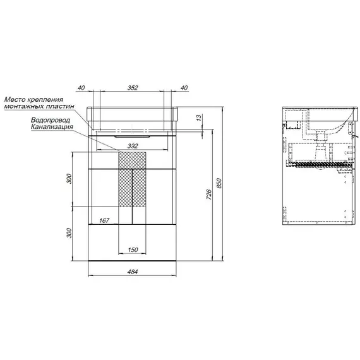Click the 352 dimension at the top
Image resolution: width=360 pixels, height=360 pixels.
pyautogui.click(x=133, y=88)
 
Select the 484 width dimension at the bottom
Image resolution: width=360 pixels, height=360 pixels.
pyautogui.click(x=133, y=272)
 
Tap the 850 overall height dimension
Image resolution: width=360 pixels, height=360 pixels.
pyautogui.click(x=219, y=183)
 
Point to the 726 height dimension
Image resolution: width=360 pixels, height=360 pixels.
pyautogui.click(x=208, y=195)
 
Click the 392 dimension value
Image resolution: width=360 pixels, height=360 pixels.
pyautogui.click(x=133, y=146)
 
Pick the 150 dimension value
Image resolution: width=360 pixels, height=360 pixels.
pyautogui.click(x=133, y=250)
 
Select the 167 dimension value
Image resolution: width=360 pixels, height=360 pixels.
pyautogui.click(x=104, y=220)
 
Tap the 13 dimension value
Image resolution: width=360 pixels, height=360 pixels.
pyautogui.click(x=199, y=117)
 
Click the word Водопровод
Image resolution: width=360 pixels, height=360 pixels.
pyautogui.click(x=51, y=120)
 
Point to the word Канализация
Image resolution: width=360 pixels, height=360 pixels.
pyautogui.click(x=52, y=127)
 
